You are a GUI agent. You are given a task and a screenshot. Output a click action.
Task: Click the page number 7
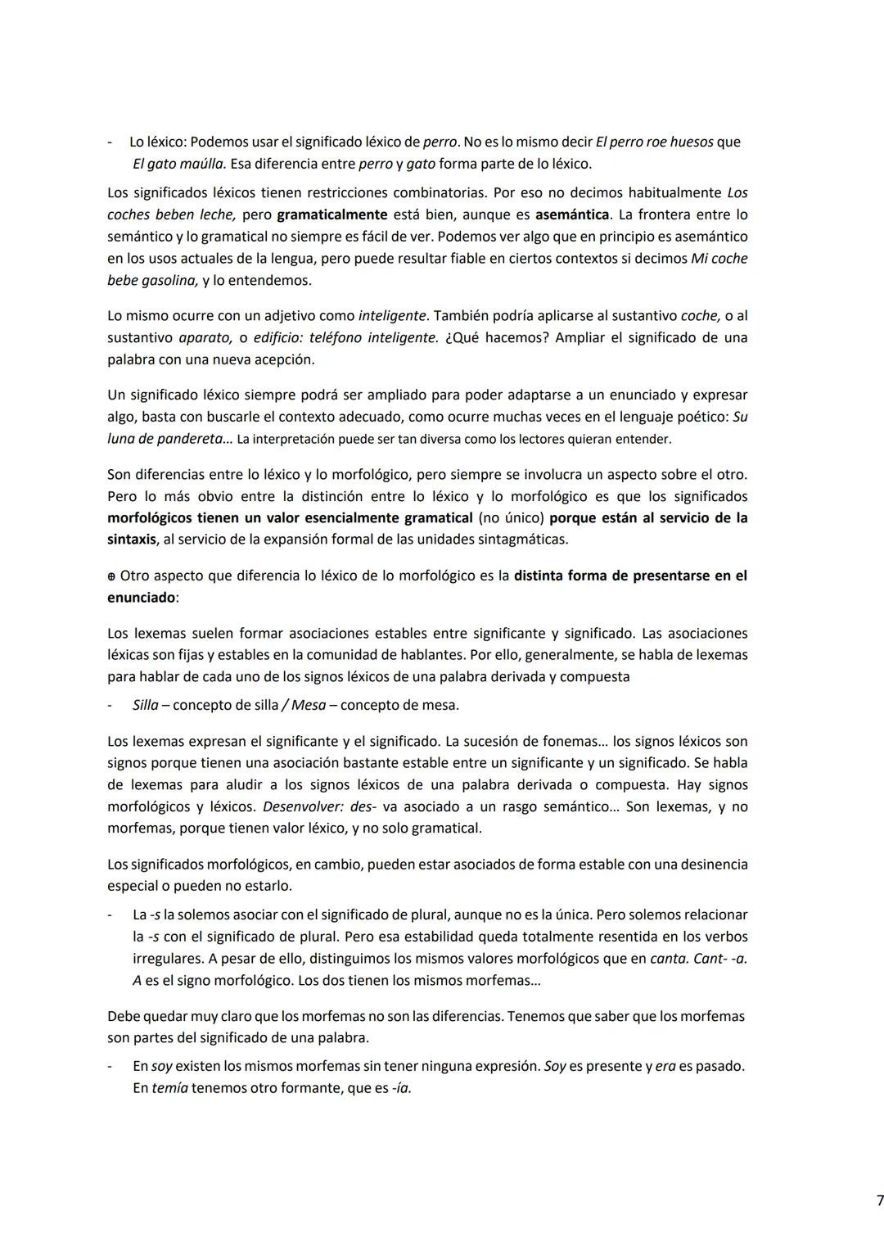point(880,1201)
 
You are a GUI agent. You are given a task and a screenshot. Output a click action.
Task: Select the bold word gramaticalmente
point(331,215)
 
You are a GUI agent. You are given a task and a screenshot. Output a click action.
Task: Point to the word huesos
point(691,142)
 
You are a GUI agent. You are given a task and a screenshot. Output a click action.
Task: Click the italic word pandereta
point(185,439)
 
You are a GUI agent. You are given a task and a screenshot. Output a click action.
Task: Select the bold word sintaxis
point(132,540)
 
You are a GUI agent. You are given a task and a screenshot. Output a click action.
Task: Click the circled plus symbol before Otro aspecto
point(111,576)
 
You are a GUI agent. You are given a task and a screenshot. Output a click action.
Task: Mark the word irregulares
point(168,959)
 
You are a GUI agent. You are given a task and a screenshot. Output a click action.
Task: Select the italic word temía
point(169,1089)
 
